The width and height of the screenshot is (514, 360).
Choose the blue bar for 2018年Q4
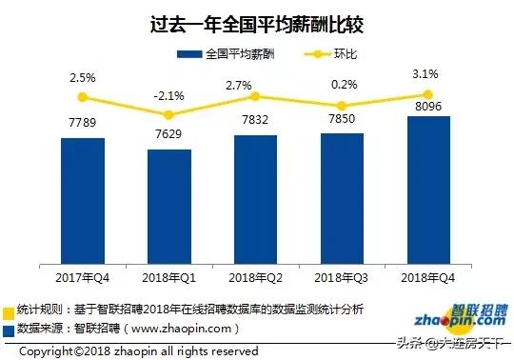428,190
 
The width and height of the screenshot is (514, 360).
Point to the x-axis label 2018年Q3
342,276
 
